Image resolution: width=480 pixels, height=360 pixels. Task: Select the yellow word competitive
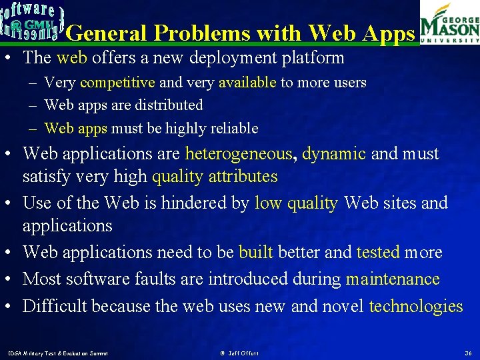117,83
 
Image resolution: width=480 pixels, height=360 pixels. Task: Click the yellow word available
247,83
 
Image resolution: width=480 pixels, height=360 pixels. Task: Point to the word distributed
169,105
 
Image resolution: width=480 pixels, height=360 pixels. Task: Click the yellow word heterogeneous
239,154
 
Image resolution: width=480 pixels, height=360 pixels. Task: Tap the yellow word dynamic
334,154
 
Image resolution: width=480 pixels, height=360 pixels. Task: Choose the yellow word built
255,253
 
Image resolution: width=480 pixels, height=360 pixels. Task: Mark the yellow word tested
378,253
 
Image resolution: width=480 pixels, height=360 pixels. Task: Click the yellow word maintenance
393,279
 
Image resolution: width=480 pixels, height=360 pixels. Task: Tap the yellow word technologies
415,306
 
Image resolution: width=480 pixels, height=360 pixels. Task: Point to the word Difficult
55,306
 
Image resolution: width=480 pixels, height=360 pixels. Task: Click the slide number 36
468,352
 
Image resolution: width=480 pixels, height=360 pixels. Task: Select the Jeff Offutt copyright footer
239,352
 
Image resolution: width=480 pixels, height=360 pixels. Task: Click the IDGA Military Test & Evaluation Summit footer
57,352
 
